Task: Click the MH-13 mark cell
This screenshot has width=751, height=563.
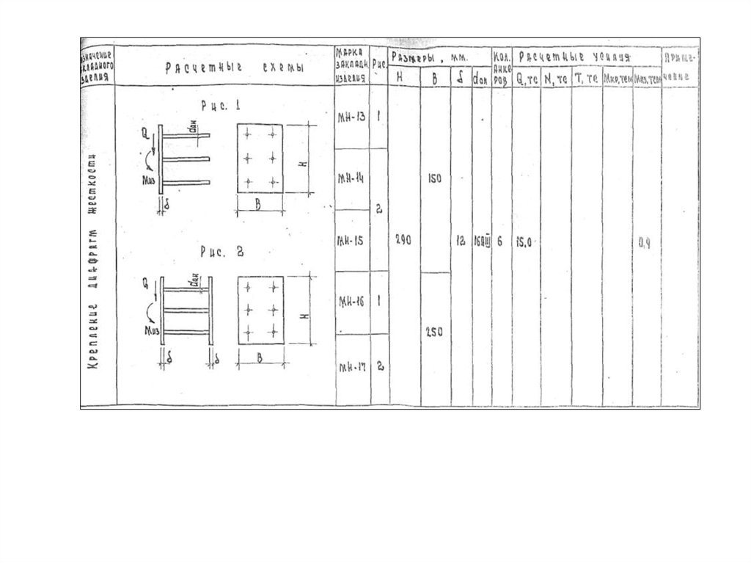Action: click(x=351, y=117)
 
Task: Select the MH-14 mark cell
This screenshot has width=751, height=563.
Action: click(x=351, y=179)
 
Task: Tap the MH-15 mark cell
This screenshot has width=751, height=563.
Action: click(x=351, y=240)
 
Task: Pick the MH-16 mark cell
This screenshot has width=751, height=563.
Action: click(x=351, y=302)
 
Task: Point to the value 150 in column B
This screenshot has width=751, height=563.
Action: click(x=434, y=178)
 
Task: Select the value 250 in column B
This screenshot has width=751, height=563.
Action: click(x=434, y=332)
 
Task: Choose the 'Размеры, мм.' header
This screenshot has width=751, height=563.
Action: click(x=433, y=57)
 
